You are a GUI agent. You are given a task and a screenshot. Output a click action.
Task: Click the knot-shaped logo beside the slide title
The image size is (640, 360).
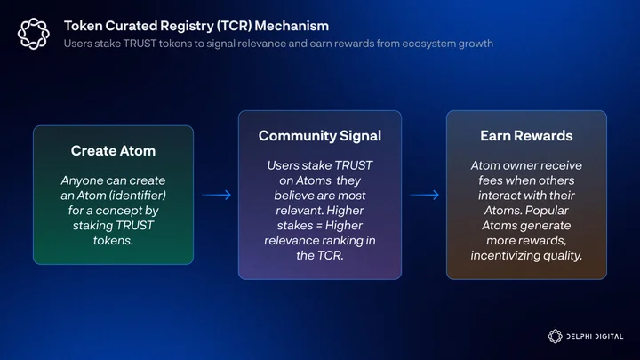click(x=34, y=34)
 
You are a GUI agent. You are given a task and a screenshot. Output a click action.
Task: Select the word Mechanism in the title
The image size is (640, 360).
click(x=292, y=26)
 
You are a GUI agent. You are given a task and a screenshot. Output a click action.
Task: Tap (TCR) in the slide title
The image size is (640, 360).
click(x=234, y=26)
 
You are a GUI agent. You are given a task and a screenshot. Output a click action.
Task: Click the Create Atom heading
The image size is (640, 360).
click(x=113, y=151)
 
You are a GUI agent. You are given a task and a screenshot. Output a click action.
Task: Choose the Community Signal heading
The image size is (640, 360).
click(x=320, y=136)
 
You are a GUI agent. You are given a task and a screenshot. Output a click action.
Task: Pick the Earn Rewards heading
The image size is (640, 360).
click(x=526, y=136)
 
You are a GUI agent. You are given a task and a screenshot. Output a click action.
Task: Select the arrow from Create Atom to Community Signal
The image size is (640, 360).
click(x=217, y=195)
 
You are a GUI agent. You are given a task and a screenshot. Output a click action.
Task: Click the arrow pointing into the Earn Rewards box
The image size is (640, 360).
click(x=425, y=195)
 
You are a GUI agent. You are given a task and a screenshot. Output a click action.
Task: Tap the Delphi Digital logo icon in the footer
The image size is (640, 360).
click(x=555, y=336)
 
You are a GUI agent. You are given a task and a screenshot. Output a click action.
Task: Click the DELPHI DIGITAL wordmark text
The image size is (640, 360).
click(x=595, y=337)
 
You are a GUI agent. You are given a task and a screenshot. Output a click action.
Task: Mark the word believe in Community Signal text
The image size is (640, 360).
click(x=292, y=196)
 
